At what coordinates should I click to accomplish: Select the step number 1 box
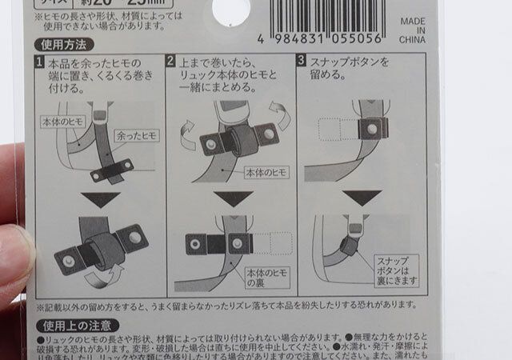click(x=39, y=62)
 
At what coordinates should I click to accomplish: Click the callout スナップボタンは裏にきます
click(x=396, y=270)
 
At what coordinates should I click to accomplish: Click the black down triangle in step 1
click(x=106, y=198)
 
